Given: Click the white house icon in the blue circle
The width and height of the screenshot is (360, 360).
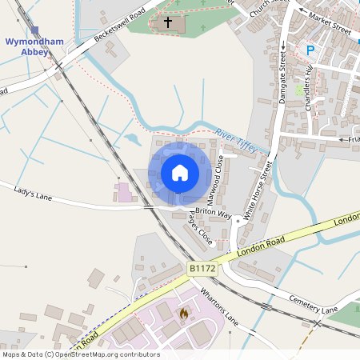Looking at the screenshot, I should tap(180, 173).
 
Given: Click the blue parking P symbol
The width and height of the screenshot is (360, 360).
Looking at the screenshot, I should tap(310, 50).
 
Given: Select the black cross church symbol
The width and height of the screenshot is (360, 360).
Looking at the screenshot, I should tap(168, 22).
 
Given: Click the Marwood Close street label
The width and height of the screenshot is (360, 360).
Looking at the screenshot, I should tap(215, 186).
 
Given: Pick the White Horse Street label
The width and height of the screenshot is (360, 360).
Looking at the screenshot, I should tap(258, 191).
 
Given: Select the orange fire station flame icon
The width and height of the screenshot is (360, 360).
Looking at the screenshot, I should tap(184, 313).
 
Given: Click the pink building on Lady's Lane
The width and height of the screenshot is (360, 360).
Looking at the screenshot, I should tap(124, 193).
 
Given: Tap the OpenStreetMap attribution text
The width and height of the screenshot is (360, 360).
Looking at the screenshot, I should tap(80, 354).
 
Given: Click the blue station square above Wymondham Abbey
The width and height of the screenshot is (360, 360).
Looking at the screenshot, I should tap(34, 30).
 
